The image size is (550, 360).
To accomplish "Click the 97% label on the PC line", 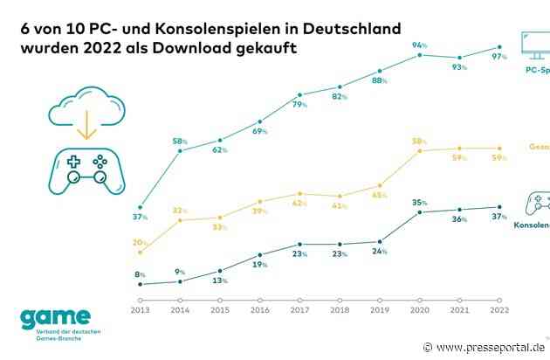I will click(x=498, y=33).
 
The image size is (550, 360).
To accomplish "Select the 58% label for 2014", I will click(x=181, y=140).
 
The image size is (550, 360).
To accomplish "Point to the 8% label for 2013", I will click(x=141, y=274).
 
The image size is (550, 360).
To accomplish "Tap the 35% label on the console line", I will click(x=420, y=202).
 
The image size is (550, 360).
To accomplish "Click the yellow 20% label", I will click(x=140, y=242).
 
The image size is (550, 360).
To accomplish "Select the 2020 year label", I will click(x=420, y=310).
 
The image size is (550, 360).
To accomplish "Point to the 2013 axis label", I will click(x=141, y=310).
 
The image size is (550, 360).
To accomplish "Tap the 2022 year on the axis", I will click(x=499, y=310).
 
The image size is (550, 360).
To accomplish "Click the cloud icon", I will click(x=86, y=99).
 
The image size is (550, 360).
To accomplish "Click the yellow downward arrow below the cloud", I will click(x=86, y=129).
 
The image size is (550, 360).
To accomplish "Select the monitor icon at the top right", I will click(x=533, y=44).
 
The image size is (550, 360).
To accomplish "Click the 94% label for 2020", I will click(x=419, y=45).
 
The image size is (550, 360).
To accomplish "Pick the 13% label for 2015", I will click(x=220, y=280).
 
